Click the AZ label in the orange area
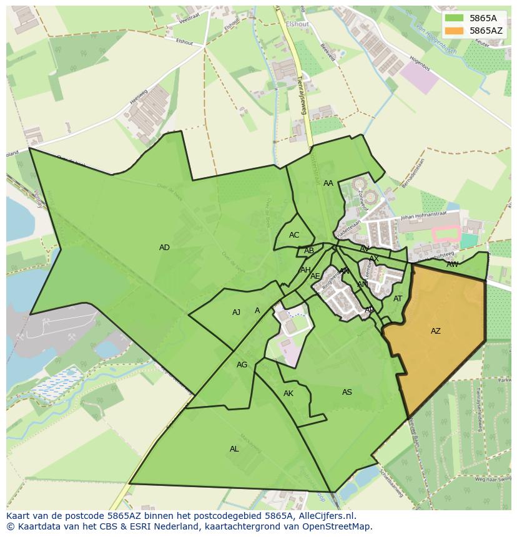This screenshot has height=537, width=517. point(435,331)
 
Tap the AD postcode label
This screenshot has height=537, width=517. point(164,248)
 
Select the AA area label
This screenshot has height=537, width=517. point(328,183)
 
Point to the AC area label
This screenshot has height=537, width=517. point(294,235)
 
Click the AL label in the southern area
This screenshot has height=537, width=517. point(234,449)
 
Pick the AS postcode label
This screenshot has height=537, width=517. point(347,392)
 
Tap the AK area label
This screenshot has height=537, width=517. point(288,394)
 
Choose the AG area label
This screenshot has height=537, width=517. point(242,365)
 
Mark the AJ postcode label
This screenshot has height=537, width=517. point(236,312)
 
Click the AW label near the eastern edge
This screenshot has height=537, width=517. point(452,264)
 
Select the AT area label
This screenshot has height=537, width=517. point(398,299)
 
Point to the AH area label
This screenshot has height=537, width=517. point(305,270)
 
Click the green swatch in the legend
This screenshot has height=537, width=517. point(455,18)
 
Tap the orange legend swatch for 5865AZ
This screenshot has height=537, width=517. point(455,30)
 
